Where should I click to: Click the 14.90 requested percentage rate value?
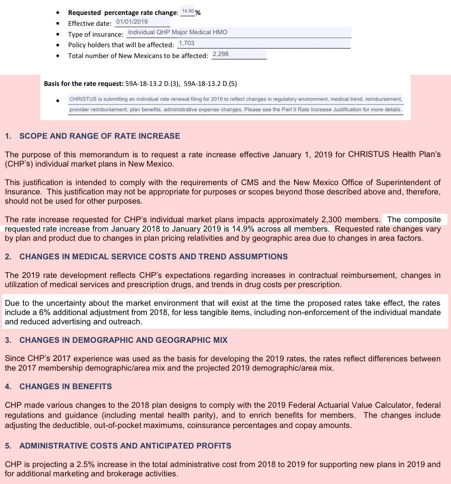pyautogui.click(x=188, y=11)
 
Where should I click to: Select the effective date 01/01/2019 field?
pyautogui.click(x=132, y=22)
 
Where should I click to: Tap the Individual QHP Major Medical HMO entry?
pyautogui.click(x=177, y=32)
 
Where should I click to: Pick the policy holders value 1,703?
pyautogui.click(x=186, y=43)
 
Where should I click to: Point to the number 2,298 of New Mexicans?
pyautogui.click(x=220, y=54)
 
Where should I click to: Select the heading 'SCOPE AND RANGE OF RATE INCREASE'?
pyautogui.click(x=100, y=136)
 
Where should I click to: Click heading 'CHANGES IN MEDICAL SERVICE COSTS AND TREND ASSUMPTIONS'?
pyautogui.click(x=153, y=257)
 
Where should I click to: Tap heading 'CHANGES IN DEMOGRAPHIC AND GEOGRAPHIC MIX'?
pyautogui.click(x=123, y=340)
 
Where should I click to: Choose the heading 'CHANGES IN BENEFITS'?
pyautogui.click(x=65, y=387)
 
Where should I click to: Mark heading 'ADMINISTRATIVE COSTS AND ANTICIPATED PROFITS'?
pyautogui.click(x=125, y=446)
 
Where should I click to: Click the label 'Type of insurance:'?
pyautogui.click(x=96, y=35)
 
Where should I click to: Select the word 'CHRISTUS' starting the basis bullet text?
pyautogui.click(x=82, y=99)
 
